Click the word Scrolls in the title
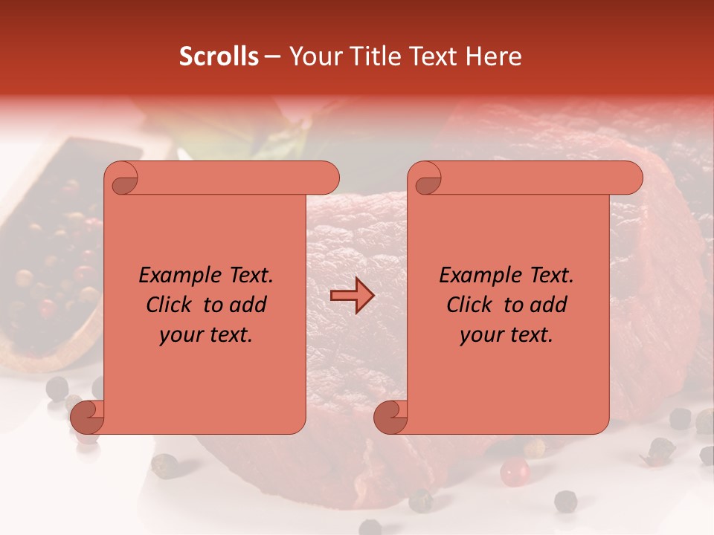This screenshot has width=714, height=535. pyautogui.click(x=219, y=56)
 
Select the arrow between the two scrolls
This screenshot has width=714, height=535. pyautogui.click(x=353, y=296)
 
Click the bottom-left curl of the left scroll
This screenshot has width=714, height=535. pyautogui.click(x=87, y=417)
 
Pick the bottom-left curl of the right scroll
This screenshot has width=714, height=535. pyautogui.click(x=390, y=417)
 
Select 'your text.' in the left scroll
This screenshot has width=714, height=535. pyautogui.click(x=206, y=335)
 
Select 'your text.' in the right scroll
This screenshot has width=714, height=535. pyautogui.click(x=506, y=335)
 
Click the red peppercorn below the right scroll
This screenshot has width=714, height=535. pyautogui.click(x=514, y=471)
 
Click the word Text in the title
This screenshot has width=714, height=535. pyautogui.click(x=433, y=56)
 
